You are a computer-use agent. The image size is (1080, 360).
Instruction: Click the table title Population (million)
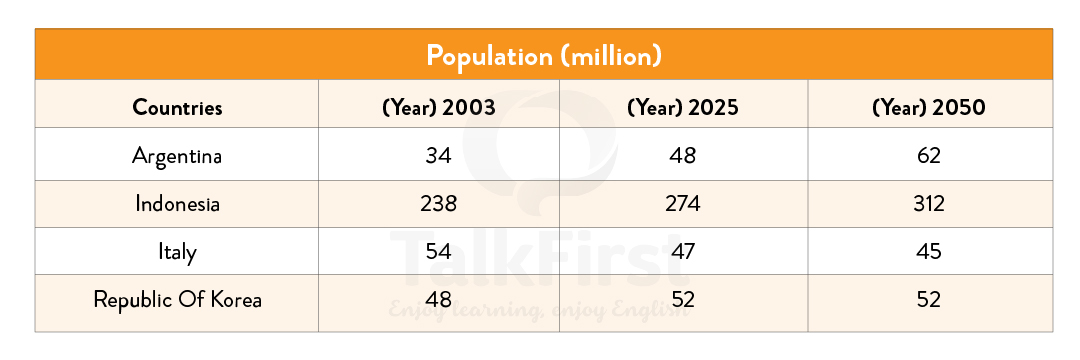click(543, 55)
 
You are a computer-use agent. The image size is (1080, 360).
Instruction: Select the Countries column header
click(177, 107)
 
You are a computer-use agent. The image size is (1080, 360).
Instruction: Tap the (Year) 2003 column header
click(438, 107)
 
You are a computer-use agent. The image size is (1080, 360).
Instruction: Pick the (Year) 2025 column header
click(683, 107)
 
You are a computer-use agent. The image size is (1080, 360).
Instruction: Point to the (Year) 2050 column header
click(929, 107)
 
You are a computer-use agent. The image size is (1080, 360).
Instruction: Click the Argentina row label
click(177, 156)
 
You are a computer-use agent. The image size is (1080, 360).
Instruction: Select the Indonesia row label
click(177, 204)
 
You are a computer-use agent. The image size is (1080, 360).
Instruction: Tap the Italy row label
click(177, 252)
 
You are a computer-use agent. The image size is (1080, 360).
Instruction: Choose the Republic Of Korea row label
click(177, 299)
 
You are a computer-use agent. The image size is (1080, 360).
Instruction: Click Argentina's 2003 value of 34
click(438, 156)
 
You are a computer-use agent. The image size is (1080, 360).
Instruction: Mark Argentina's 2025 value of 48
click(683, 156)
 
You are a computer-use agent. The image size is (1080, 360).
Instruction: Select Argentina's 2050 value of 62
click(929, 156)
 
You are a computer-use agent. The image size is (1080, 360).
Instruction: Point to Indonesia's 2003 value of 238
click(438, 204)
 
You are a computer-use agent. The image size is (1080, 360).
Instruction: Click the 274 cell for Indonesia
click(683, 204)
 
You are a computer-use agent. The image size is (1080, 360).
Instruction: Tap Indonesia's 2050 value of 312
click(929, 204)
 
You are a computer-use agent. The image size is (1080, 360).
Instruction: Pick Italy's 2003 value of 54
click(438, 252)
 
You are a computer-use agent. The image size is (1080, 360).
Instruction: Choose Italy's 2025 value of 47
click(683, 252)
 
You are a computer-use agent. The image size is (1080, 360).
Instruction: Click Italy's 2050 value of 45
click(929, 252)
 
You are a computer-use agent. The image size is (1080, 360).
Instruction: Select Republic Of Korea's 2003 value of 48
click(438, 299)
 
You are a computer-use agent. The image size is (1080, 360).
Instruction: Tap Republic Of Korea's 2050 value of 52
click(929, 299)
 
